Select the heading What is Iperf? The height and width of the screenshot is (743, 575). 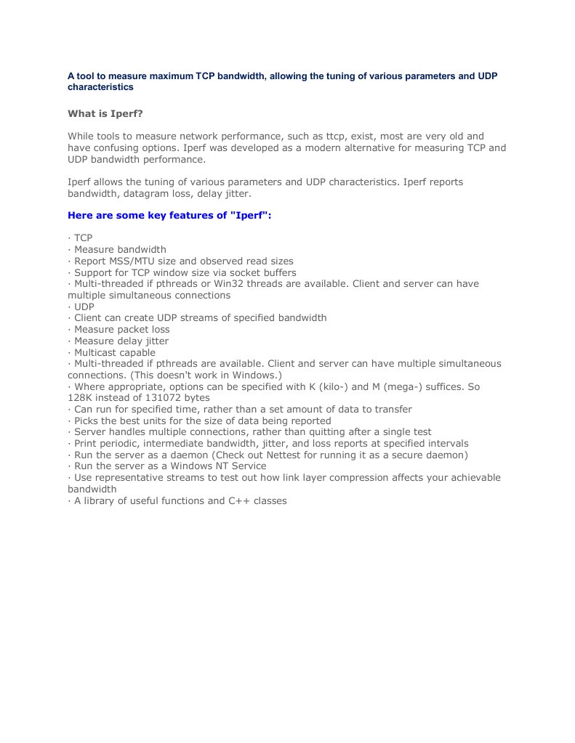[x=106, y=113]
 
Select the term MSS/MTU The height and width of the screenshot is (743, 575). [x=137, y=261]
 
